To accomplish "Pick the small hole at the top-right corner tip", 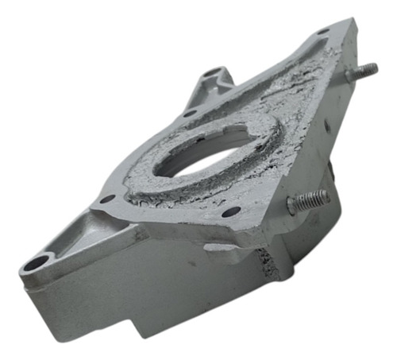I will [323, 33].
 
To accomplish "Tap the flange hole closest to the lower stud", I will [231, 212].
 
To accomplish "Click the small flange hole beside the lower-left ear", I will [106, 199].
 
